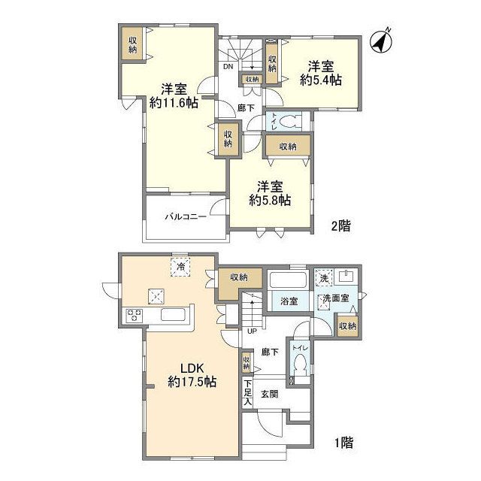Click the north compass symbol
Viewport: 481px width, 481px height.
[x=382, y=41]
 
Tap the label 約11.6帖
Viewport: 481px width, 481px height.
[x=174, y=103]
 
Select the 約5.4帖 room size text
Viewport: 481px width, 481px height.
[x=321, y=80]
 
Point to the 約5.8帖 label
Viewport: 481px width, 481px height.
[x=270, y=201]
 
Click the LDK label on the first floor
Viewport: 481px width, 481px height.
[x=192, y=368]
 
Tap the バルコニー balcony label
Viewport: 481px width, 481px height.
[x=186, y=217]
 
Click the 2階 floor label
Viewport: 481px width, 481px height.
[x=340, y=226]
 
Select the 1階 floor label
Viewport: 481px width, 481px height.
[x=343, y=443]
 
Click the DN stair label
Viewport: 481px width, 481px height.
[x=228, y=66]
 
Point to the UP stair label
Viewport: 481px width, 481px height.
[x=253, y=331]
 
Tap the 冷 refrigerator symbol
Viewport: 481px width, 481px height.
[x=181, y=267]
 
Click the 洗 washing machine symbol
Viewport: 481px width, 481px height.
[x=324, y=277]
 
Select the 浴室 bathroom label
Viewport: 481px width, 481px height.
[x=289, y=301]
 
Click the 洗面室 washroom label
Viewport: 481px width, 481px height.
[x=336, y=298]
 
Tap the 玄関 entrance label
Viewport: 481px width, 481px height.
[x=270, y=394]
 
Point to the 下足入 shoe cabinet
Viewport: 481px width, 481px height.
[x=247, y=392]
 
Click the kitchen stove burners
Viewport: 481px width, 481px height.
[x=134, y=316]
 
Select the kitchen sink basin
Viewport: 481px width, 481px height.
[x=174, y=315]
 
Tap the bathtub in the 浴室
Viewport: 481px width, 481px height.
[x=288, y=280]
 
